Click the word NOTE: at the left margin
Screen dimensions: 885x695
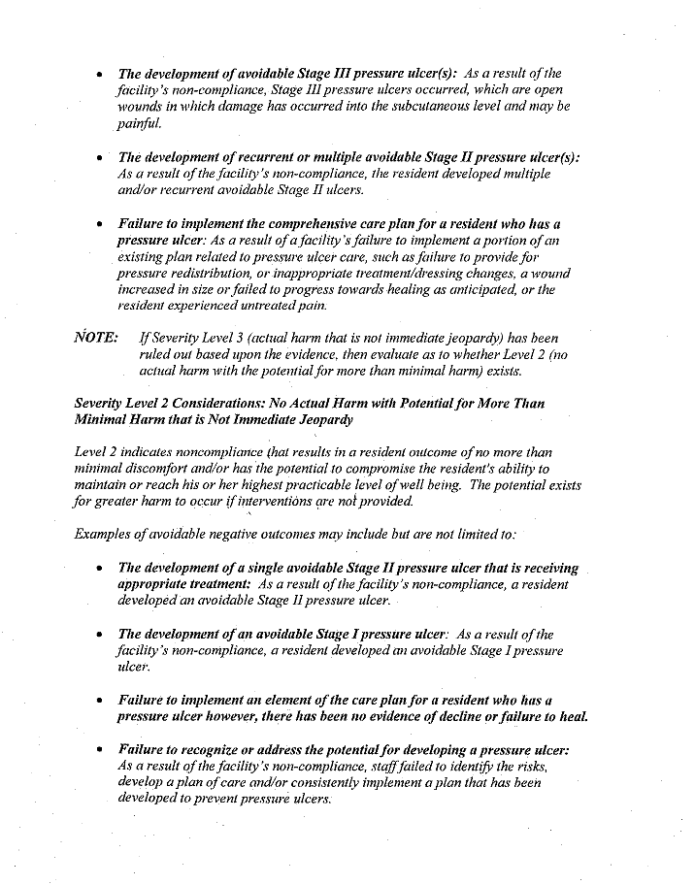click(96, 338)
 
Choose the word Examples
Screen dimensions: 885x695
click(101, 535)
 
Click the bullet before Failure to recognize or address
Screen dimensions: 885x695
click(101, 750)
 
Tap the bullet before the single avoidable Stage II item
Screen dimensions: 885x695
click(101, 569)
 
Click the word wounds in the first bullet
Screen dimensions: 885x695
click(139, 106)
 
